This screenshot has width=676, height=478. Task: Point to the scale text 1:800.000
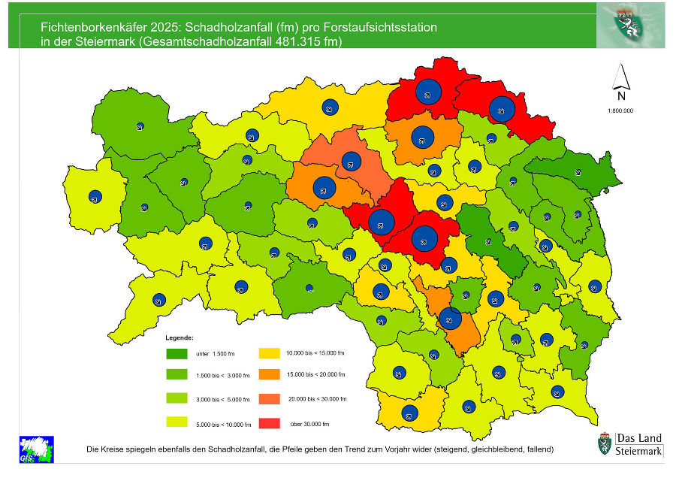coord(621,110)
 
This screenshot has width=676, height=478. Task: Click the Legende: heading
coord(180,338)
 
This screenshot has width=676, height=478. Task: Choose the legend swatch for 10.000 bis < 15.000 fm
coord(270,353)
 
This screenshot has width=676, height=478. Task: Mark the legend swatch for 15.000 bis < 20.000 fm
coord(270,374)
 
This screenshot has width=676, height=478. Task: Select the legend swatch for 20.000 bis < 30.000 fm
coord(270,399)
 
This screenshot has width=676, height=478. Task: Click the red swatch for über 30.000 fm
coord(270,425)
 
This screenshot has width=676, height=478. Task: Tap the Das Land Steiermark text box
coord(639,445)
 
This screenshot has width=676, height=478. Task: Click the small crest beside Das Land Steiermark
coord(604,443)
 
